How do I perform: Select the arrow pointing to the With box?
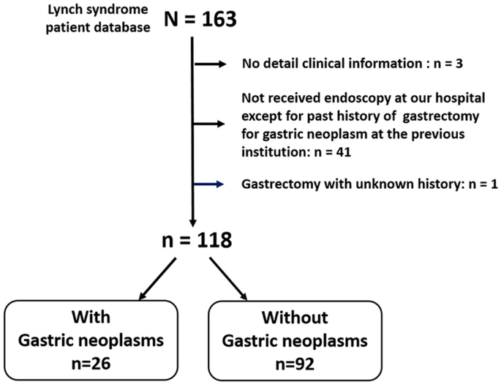click(x=157, y=278)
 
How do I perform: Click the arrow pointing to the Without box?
click(x=228, y=278)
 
